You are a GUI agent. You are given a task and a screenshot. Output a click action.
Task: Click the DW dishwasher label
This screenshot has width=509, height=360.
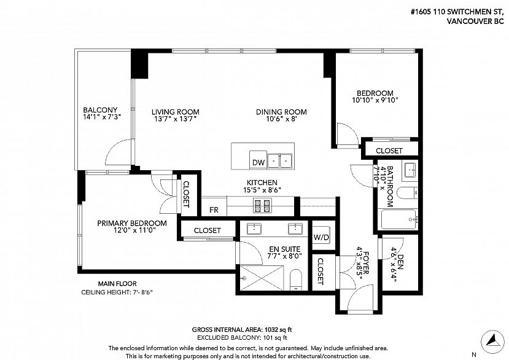[258, 162]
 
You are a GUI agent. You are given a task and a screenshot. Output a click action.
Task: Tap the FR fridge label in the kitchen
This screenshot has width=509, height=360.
[214, 210]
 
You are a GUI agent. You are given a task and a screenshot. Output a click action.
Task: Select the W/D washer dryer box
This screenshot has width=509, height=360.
[321, 237]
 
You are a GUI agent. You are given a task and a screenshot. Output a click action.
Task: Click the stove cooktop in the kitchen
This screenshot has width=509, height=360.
[262, 205]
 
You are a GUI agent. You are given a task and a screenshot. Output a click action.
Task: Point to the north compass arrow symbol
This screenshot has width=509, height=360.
[492, 342]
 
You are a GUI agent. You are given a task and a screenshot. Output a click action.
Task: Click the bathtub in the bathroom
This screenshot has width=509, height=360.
[398, 219]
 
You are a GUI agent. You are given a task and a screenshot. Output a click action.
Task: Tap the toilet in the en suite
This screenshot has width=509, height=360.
[296, 279]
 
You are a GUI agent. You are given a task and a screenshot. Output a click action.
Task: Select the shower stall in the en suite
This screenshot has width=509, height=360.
[262, 278]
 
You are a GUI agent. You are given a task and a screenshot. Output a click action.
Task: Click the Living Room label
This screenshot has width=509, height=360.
[175, 112]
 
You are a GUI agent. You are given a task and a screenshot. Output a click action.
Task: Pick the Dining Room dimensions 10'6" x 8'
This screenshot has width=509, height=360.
[281, 119]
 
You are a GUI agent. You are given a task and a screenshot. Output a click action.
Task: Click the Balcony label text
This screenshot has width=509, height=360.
[100, 110]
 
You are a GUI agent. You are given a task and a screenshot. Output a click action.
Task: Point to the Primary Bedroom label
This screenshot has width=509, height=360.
[132, 223]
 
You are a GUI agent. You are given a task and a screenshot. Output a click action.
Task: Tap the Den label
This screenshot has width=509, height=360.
[400, 262]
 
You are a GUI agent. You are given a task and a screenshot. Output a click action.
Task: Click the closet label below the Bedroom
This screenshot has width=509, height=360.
[389, 151]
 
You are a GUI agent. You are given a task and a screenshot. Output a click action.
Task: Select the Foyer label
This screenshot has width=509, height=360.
[366, 263]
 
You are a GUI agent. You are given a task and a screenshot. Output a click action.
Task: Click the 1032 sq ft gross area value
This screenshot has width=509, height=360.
[279, 330]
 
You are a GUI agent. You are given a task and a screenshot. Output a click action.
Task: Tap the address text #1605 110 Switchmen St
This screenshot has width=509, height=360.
[457, 12]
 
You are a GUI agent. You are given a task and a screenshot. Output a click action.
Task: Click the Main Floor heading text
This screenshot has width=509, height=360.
[117, 284]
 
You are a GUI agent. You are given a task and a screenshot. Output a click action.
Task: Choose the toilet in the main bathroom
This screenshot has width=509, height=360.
[408, 193]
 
